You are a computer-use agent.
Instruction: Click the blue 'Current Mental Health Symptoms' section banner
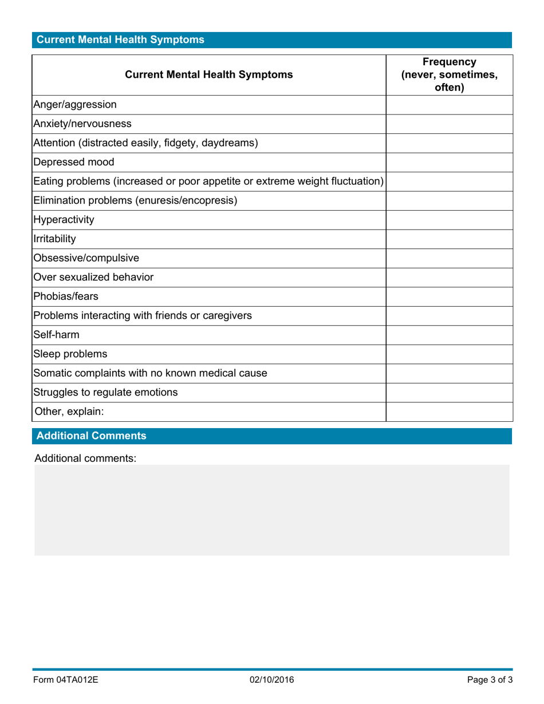(x=272, y=39)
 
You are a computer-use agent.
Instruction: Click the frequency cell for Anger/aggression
(x=449, y=105)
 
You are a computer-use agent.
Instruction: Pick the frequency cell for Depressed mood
(x=449, y=163)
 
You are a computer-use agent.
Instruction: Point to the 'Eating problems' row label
(x=208, y=181)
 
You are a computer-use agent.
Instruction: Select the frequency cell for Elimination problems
(x=449, y=201)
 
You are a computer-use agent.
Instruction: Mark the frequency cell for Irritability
(x=449, y=239)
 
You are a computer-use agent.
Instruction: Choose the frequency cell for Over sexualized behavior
(x=449, y=278)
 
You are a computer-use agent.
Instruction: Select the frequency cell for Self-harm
(x=449, y=335)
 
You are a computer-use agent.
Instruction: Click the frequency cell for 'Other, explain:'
(x=449, y=412)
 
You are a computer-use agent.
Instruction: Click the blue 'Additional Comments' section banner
(x=272, y=436)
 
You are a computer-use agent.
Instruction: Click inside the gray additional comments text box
(x=272, y=510)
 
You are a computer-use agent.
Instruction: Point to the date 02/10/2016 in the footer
(x=272, y=680)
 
